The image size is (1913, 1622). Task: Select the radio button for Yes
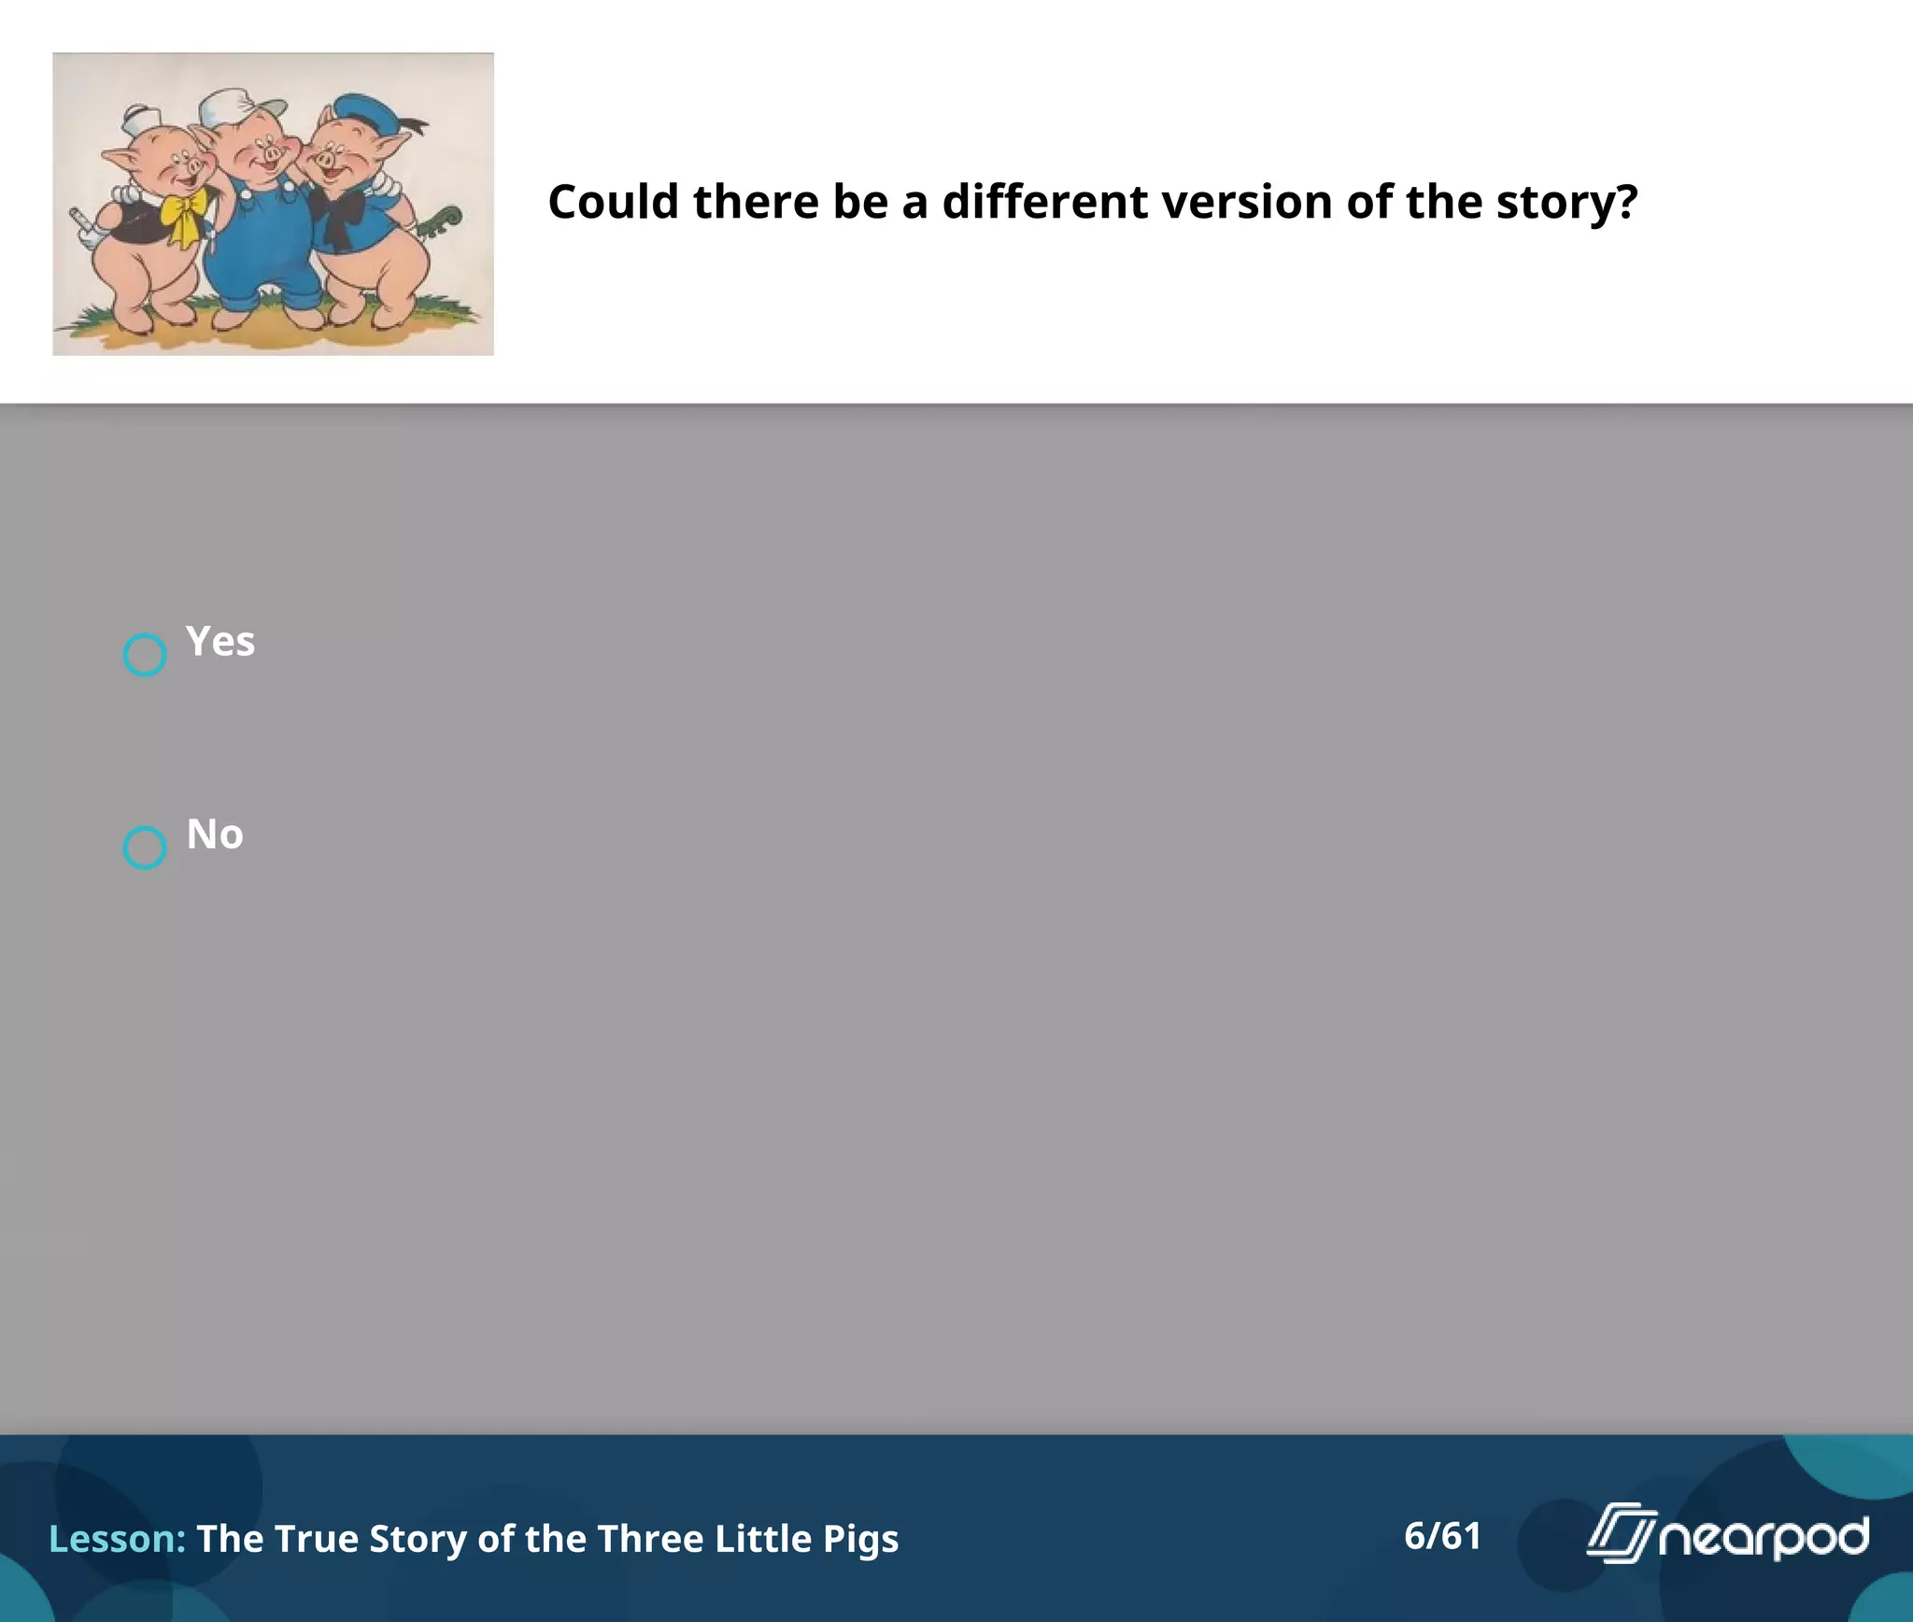[x=145, y=655]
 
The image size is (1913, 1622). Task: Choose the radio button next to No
[x=145, y=847]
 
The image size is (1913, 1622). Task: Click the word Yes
[x=220, y=642]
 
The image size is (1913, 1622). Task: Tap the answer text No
[x=215, y=834]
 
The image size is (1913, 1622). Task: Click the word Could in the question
[x=613, y=202]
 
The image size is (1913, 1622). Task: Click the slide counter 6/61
[x=1442, y=1536]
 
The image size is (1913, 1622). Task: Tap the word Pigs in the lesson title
[x=860, y=1539]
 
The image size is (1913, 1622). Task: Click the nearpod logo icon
[x=1621, y=1533]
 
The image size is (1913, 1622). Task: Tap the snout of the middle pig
[x=272, y=152]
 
